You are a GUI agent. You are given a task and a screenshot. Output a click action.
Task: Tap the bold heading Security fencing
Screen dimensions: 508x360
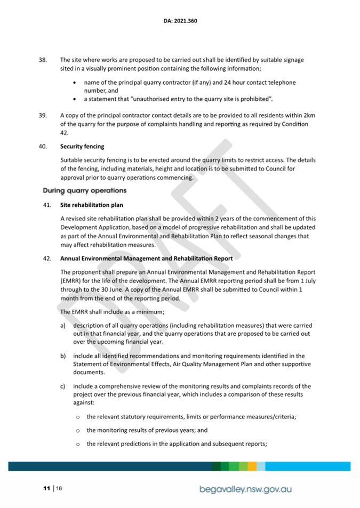point(82,146)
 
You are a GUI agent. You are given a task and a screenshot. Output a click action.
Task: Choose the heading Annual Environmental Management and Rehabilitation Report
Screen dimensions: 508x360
point(146,259)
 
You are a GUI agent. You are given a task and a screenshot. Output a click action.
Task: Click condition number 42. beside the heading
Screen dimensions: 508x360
point(47,259)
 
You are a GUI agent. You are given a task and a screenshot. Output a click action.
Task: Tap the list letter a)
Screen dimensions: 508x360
point(63,325)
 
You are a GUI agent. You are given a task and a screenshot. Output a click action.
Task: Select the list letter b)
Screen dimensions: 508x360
point(63,356)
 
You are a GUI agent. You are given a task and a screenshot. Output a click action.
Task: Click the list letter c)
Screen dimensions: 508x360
point(63,386)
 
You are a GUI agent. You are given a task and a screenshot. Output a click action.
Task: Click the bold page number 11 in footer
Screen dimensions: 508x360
point(47,488)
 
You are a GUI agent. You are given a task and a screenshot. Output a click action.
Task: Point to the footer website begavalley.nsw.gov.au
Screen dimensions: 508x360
point(245,489)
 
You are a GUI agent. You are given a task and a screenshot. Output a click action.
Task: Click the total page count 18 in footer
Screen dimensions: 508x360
point(60,488)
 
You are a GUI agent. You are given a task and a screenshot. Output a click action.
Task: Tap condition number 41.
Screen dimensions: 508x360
point(47,204)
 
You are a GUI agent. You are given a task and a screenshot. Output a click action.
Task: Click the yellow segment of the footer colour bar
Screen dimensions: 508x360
point(252,466)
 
